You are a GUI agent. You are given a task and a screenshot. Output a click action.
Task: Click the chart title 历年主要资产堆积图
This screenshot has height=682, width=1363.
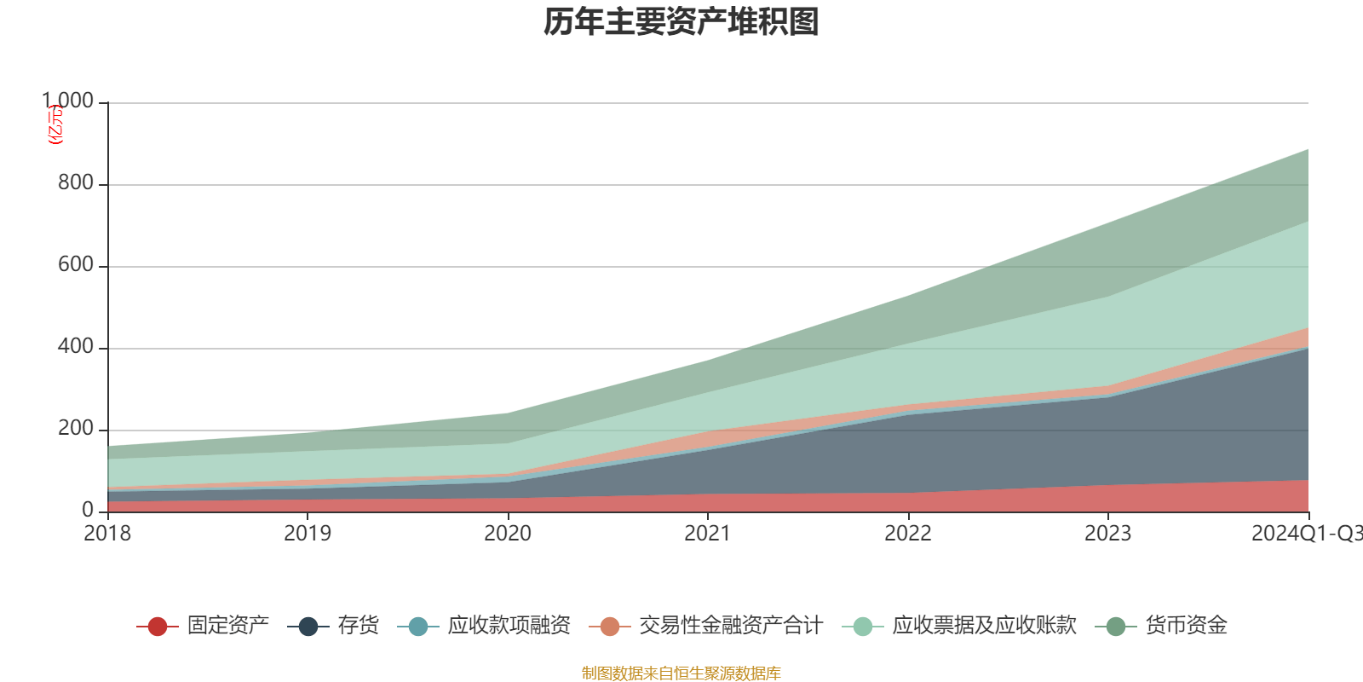pos(681,23)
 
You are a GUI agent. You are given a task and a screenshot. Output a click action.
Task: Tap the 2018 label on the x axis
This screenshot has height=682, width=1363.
pos(107,534)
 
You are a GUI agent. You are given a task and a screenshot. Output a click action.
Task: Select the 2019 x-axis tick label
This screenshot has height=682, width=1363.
pos(308,534)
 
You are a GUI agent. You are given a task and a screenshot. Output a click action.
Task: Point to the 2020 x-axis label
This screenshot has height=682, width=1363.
pos(508,534)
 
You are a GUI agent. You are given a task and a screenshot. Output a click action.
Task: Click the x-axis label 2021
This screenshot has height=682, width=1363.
pos(708,534)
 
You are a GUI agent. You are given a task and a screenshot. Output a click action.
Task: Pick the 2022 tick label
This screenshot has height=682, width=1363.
pos(908,534)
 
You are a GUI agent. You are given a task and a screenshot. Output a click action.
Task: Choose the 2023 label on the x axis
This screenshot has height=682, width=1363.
pos(1107,534)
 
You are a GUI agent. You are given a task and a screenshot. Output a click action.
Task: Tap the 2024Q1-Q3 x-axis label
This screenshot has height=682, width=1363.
pos(1306,534)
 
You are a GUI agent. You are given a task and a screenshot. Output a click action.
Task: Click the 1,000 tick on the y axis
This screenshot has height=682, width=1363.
pos(68,101)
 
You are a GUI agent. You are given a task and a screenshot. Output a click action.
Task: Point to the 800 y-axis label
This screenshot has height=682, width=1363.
pos(75,183)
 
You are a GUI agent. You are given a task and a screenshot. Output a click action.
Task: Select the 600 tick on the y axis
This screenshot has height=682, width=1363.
pos(75,265)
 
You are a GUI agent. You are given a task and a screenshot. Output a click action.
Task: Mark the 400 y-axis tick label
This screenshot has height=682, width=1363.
pos(75,347)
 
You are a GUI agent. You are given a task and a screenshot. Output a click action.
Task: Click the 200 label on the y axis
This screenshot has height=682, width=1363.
pos(75,429)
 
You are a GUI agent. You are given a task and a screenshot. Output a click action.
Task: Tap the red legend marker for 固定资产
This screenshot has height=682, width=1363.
pos(157,627)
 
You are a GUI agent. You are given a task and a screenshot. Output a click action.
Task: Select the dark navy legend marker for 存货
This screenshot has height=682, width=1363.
pos(308,627)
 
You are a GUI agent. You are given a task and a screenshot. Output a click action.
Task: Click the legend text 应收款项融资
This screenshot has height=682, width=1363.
pos(509,626)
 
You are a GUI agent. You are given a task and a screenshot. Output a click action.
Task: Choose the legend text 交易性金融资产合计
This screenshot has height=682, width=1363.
pos(731,626)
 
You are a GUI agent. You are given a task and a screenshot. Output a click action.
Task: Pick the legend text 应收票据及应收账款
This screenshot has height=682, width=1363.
pos(984,626)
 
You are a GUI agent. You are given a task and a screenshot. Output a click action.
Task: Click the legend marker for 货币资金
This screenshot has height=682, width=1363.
pos(1115,627)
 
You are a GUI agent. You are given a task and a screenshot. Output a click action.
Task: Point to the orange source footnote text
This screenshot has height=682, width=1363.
pos(681,673)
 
